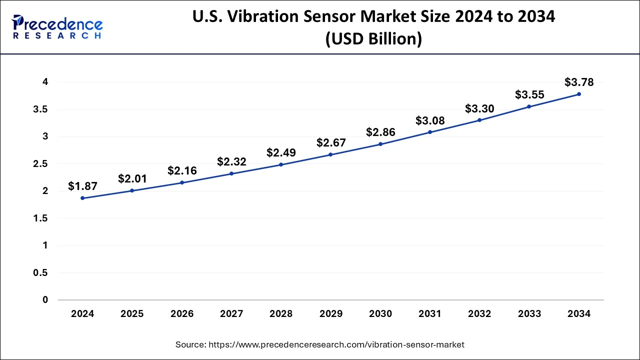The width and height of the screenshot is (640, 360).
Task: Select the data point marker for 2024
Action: click(82, 198)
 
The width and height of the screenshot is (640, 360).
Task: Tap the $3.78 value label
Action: click(578, 82)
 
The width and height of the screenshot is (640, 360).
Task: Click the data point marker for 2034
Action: click(579, 94)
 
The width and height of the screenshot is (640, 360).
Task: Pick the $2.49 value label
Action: click(281, 152)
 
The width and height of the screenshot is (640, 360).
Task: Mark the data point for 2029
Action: click(330, 154)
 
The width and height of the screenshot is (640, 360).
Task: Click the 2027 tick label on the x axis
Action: click(231, 314)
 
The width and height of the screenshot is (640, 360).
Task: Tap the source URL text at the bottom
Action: click(320, 344)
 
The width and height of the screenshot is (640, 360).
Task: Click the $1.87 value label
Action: click(82, 186)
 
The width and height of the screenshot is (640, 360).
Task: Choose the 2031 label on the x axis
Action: click(430, 314)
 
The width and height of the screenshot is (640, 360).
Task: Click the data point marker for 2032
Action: click(479, 120)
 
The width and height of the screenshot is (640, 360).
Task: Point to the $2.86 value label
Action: click(380, 132)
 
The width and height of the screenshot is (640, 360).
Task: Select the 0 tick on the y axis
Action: click(45, 300)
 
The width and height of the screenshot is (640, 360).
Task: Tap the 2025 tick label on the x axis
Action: click(132, 314)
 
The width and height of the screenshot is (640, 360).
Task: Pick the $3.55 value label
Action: click(529, 95)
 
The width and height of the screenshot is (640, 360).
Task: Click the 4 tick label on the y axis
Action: click(45, 82)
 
